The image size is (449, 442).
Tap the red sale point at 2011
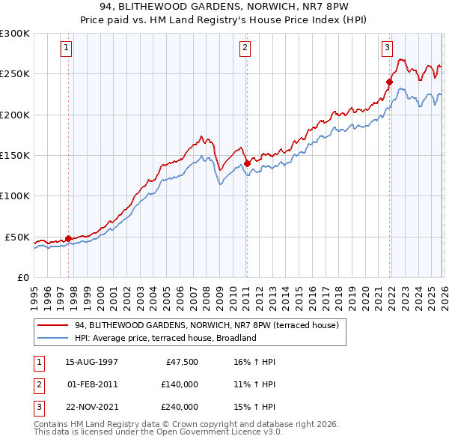247,162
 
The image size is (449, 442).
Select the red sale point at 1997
68,238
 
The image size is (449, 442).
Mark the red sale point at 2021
390,81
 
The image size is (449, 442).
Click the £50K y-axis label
18,237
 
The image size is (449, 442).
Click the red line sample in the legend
53,326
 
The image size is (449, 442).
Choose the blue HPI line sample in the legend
53,338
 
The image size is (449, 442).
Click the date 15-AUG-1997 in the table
91,362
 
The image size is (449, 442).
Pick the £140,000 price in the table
180,384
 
